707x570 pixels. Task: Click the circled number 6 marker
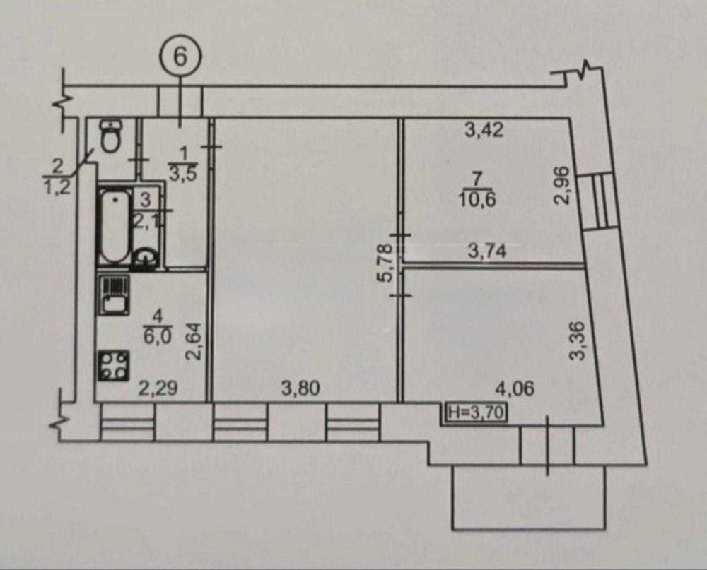tap(180, 57)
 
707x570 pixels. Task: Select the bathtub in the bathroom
tap(115, 226)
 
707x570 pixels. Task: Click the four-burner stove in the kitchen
tap(114, 367)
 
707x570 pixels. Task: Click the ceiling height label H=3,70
tap(476, 412)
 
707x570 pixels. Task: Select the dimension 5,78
tap(387, 269)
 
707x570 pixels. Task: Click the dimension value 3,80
tap(300, 388)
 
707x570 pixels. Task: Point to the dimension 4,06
tap(515, 388)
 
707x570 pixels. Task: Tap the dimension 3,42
tap(484, 131)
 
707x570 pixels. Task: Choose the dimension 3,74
tap(487, 251)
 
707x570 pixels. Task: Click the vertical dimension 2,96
tap(563, 186)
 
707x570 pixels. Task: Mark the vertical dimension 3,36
tap(578, 341)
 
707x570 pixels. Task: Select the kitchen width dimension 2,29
tap(158, 388)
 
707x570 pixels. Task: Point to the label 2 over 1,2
tap(58, 177)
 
